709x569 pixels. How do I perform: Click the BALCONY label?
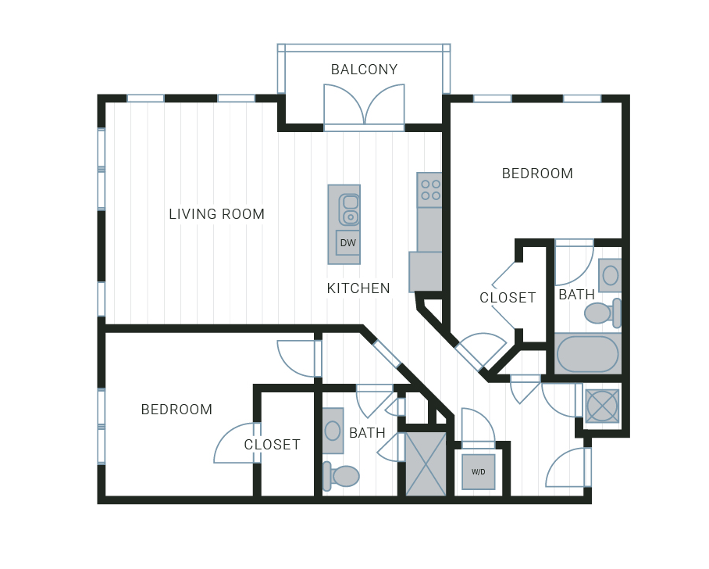click(x=364, y=70)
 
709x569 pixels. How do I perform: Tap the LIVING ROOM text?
click(x=216, y=213)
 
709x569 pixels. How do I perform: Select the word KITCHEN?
click(x=358, y=288)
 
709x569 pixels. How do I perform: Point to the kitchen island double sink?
click(x=349, y=209)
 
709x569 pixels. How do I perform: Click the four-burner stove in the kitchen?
click(x=429, y=190)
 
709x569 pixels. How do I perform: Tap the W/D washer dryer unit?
click(x=479, y=472)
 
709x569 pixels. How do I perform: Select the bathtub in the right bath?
click(x=587, y=354)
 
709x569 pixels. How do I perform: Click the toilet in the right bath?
click(x=603, y=313)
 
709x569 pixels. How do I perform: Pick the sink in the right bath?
click(x=610, y=275)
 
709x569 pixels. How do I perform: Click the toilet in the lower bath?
click(x=341, y=476)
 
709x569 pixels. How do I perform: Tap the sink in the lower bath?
click(x=333, y=431)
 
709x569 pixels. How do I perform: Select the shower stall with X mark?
click(x=426, y=464)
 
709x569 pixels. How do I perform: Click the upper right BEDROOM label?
click(x=537, y=173)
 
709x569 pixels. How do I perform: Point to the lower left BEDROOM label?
click(x=176, y=410)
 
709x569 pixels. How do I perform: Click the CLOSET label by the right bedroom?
click(x=508, y=298)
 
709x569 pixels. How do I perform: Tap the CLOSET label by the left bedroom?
click(x=272, y=445)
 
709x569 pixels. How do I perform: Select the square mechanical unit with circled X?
click(x=602, y=406)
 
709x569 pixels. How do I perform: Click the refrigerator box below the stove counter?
click(x=426, y=271)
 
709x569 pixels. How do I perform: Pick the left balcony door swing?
click(x=344, y=104)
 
